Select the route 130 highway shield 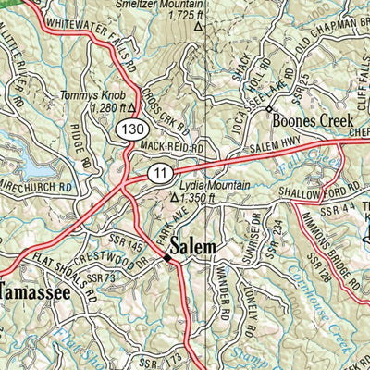point(129,133)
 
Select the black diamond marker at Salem point(167,258)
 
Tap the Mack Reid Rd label point(171,146)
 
